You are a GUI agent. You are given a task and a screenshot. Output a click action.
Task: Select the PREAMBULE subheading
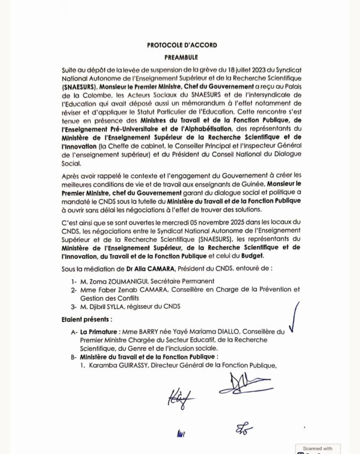[181, 57]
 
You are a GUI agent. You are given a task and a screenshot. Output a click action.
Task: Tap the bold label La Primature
[97, 332]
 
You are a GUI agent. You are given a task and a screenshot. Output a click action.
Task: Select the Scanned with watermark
[318, 449]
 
